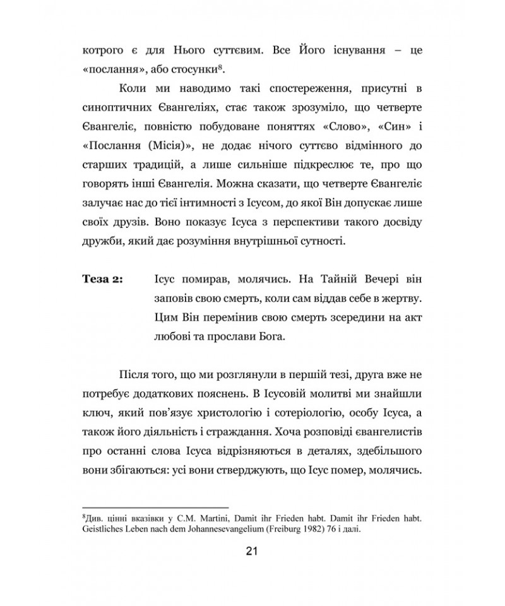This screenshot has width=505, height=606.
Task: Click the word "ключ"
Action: (95, 413)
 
